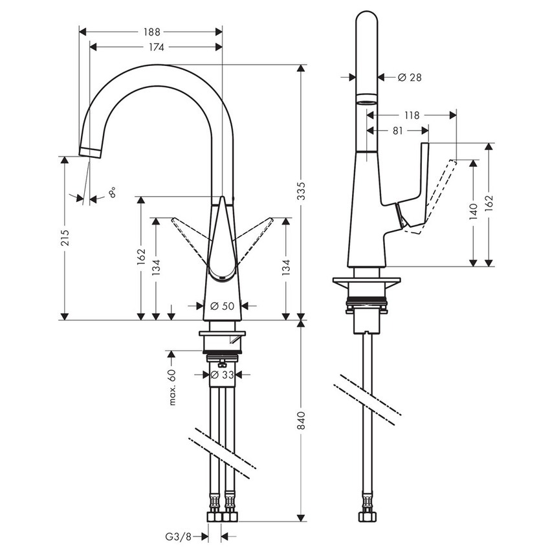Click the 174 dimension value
pos(156,47)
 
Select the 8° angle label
pos(113,192)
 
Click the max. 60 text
pos(172,388)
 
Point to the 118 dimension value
pos(411,115)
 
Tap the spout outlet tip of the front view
pos(91,152)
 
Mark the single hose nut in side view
pos(366,516)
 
